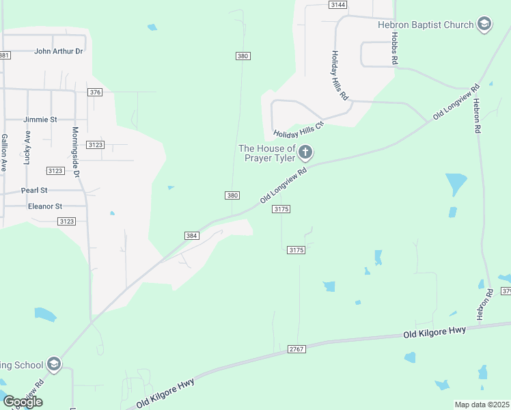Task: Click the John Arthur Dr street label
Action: [x=59, y=51]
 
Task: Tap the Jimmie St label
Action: [x=40, y=119]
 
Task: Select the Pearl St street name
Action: [x=33, y=190]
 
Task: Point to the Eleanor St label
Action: [x=44, y=206]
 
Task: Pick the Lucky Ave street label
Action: [x=27, y=148]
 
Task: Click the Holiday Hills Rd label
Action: [x=340, y=76]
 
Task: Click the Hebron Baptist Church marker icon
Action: [x=484, y=25]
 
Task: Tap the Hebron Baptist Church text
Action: [x=426, y=25]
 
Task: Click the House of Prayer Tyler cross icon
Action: [x=305, y=152]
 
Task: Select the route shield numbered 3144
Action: [x=337, y=4]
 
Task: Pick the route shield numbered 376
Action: [x=95, y=92]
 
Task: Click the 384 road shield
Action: [x=191, y=236]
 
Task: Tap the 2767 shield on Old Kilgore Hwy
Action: [x=296, y=349]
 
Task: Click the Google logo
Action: [x=23, y=401]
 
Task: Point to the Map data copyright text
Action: [x=482, y=405]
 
